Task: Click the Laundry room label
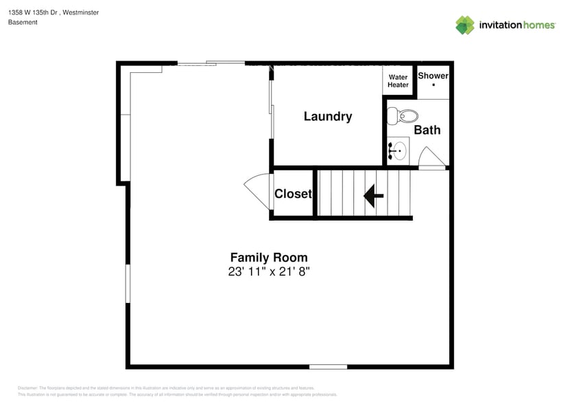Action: [328, 117]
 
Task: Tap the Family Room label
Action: [268, 258]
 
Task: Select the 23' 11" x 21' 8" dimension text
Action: [269, 271]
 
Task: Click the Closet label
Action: [293, 194]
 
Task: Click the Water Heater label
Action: [398, 81]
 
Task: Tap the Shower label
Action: [433, 76]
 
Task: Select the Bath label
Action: [427, 130]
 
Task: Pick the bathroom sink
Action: [397, 150]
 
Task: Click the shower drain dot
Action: [434, 85]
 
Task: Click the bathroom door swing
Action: [431, 157]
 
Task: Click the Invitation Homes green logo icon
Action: [465, 25]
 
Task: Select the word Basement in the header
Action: [23, 22]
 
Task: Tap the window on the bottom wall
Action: [328, 366]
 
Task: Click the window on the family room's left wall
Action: [128, 284]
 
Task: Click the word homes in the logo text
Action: [538, 25]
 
